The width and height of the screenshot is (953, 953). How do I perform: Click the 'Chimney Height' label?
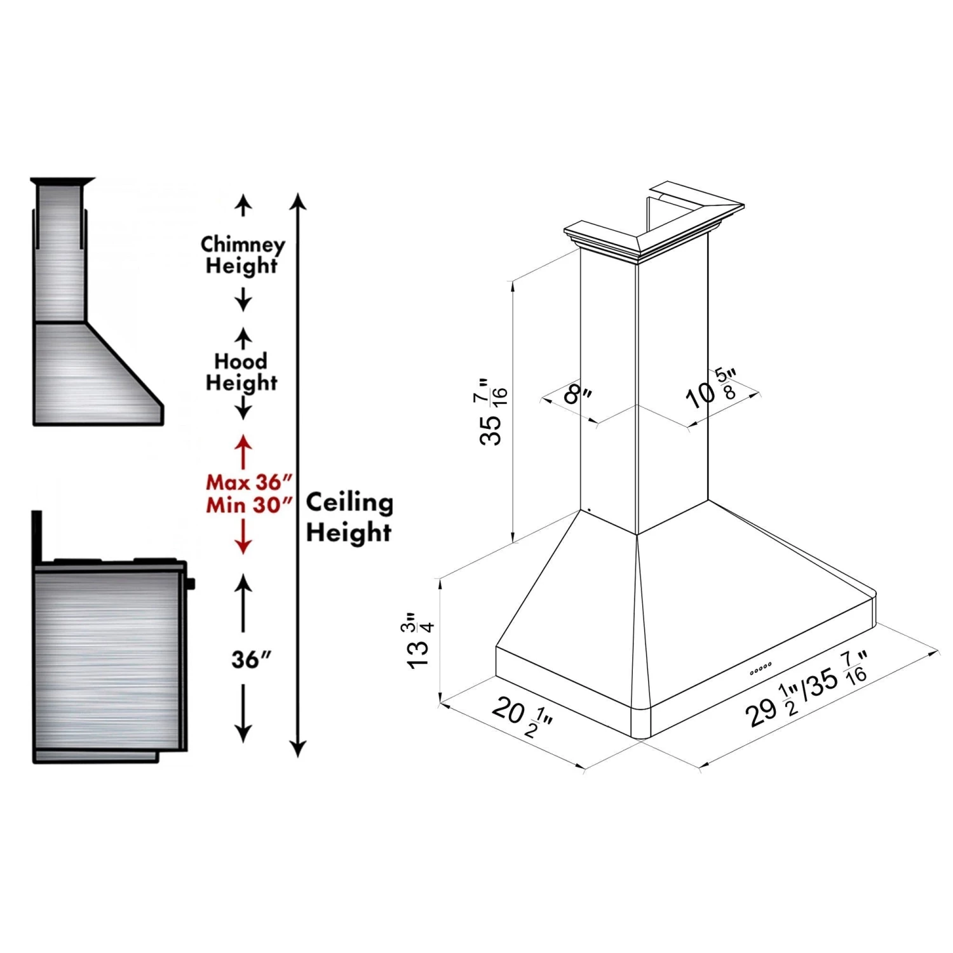pos(242,255)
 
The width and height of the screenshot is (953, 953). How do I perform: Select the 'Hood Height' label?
pos(241,372)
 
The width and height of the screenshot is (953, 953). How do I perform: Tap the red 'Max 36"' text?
pos(245,482)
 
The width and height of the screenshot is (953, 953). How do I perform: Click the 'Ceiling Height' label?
pos(349,517)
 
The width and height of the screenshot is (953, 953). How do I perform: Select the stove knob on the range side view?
pos(191,583)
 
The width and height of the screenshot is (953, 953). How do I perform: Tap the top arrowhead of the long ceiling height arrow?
pos(298,201)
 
